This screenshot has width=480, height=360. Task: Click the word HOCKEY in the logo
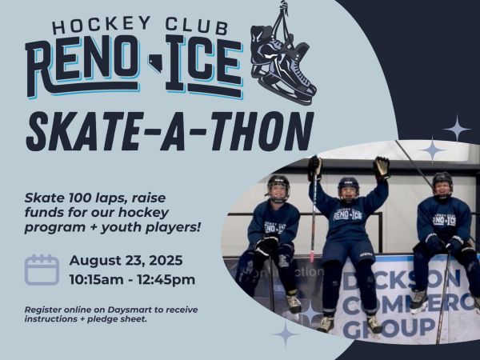(x=102, y=25)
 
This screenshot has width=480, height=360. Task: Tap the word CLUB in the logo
(x=197, y=26)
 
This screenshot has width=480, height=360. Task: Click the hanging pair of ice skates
(x=282, y=58)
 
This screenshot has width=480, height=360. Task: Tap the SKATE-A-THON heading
(x=170, y=132)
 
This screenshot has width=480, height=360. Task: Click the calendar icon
(x=42, y=270)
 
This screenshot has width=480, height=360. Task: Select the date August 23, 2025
(x=126, y=261)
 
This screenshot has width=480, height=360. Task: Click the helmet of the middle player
(x=348, y=188)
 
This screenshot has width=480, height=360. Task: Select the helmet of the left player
(x=278, y=188)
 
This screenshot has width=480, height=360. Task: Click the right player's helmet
(x=442, y=184)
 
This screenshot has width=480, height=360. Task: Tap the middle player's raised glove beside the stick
(x=314, y=167)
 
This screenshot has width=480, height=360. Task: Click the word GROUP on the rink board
(x=390, y=328)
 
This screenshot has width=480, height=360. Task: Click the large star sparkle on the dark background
(x=457, y=129)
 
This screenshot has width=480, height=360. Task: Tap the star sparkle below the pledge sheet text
(x=286, y=334)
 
